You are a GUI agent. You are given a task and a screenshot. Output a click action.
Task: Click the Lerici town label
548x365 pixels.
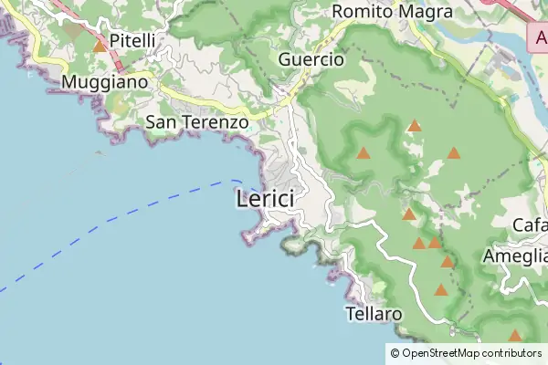click(x=265, y=199)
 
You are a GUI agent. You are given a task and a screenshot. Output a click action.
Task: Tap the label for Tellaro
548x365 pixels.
click(x=374, y=314)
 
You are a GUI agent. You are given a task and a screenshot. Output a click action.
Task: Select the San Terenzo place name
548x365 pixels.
click(x=197, y=121)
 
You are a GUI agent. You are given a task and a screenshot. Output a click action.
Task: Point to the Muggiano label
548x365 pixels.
click(x=104, y=82)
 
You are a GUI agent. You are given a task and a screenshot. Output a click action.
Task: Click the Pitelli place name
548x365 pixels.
click(x=132, y=40)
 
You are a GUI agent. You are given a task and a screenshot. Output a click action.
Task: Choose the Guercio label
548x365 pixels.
click(x=311, y=59)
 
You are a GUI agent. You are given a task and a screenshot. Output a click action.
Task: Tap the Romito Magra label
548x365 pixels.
click(x=393, y=12)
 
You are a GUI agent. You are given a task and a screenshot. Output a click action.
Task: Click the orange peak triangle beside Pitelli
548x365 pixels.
click(x=99, y=45)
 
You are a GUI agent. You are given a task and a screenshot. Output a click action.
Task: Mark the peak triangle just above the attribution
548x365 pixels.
click(x=515, y=336)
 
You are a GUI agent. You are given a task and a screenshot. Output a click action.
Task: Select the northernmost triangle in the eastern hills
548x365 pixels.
click(x=415, y=125)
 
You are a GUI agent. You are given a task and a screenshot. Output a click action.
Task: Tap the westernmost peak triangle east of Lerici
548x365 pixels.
click(x=364, y=153)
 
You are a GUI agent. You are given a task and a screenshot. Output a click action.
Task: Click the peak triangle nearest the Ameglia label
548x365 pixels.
click(x=447, y=262)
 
